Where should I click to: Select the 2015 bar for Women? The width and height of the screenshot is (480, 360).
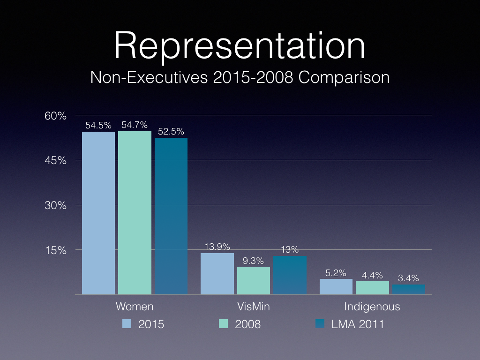98,213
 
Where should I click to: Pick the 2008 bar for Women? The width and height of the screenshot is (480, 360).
135,213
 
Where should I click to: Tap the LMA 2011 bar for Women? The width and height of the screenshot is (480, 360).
171,216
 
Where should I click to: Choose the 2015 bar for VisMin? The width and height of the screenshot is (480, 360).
217,274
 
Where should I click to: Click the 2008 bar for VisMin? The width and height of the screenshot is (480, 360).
254,280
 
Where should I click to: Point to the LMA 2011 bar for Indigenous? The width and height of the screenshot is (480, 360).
409,290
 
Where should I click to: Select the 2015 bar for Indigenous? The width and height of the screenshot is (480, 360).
336,286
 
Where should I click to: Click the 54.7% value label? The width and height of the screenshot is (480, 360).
135,125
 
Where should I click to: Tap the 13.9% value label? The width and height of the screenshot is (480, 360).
217,247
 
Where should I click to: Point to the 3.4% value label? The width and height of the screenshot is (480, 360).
409,278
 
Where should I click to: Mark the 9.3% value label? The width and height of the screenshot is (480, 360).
254,260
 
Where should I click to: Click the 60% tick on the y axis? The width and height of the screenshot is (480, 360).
56,116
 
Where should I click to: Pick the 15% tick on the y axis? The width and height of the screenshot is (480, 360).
56,250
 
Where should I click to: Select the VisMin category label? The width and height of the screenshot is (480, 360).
254,307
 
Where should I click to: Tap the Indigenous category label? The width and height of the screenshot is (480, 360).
372,307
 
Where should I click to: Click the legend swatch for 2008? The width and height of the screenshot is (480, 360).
224,323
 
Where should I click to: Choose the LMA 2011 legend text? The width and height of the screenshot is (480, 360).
357,324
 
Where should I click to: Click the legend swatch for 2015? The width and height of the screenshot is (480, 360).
126,323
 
